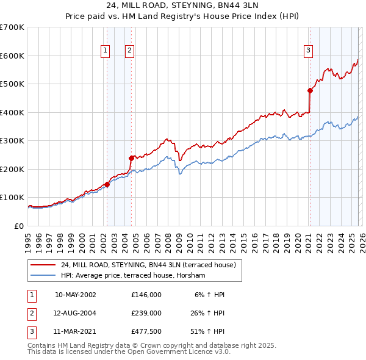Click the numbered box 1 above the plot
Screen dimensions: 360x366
[106, 51]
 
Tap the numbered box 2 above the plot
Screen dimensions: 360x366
[130, 51]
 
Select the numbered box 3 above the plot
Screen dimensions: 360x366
[309, 51]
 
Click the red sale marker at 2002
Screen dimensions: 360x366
[107, 184]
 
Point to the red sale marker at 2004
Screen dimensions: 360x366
[131, 157]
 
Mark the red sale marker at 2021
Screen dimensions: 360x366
[310, 90]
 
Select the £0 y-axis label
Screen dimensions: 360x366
[18, 226]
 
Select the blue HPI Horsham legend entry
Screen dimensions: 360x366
[135, 276]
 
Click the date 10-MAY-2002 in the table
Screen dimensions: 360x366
[75, 295]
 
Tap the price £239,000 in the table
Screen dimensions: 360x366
[146, 313]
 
